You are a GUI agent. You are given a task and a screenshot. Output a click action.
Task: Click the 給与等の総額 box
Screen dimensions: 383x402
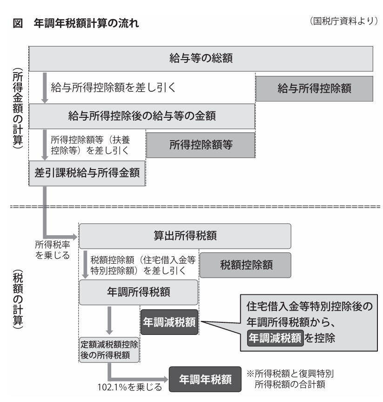pos(201,59)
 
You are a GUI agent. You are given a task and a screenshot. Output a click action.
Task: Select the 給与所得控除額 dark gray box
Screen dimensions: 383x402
pos(314,89)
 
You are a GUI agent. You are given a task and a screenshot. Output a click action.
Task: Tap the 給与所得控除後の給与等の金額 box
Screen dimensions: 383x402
pos(142,116)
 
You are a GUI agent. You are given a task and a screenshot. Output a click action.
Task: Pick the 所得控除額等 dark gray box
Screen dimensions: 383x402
pos(201,145)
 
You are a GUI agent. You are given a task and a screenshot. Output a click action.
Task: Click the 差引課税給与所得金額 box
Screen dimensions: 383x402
pos(87,173)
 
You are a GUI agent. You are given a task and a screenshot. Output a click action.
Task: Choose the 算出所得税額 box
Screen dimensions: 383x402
pos(185,236)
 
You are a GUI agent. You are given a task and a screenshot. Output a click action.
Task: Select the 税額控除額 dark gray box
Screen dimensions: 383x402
pos(245,265)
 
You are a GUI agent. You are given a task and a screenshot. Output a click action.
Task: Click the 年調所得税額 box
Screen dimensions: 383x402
pos(139,292)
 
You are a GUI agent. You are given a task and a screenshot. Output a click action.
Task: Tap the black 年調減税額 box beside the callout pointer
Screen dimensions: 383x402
pos(169,322)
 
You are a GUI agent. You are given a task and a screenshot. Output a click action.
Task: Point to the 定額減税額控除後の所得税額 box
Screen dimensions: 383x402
pos(109,350)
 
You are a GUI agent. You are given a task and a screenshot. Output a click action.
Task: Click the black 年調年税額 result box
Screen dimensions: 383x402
pos(205,379)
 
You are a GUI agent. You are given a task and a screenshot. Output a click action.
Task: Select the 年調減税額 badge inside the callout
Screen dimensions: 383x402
pos(275,338)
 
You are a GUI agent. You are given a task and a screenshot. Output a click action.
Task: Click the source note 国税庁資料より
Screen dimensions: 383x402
pos(344,21)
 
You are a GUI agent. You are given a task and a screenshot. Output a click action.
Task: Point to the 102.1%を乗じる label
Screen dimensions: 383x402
pos(130,387)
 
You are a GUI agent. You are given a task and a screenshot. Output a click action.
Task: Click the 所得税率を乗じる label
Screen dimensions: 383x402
pos(53,250)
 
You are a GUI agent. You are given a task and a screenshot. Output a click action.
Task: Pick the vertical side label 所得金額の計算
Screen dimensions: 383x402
pos(18,108)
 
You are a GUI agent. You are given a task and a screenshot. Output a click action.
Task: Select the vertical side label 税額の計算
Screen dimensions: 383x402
pos(18,299)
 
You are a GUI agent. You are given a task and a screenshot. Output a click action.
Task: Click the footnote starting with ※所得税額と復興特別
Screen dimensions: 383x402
pos(290,379)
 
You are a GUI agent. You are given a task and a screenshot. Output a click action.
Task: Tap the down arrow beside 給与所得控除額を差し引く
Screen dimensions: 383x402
pos(45,88)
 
